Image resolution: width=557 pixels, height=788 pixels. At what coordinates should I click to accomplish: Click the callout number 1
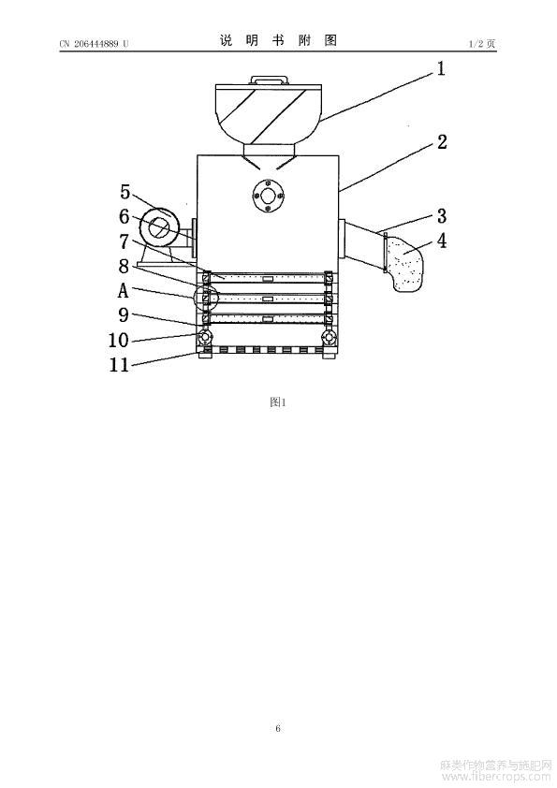point(441,68)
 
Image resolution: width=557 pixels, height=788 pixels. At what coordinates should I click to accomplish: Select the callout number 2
point(442,141)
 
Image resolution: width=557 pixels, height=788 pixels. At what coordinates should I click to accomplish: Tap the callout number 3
point(441,216)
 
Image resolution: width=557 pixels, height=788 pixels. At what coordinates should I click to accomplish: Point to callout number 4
point(441,241)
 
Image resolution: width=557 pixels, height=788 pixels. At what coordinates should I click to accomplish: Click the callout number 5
point(125,192)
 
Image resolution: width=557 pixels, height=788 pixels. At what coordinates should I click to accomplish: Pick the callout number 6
point(125,216)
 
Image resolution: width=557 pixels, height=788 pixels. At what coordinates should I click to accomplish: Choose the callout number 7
point(125,241)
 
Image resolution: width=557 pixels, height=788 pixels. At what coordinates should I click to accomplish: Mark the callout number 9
point(124,315)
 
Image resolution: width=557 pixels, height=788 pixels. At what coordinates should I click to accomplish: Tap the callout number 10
point(119,341)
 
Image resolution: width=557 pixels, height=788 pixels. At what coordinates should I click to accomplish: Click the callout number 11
point(119,365)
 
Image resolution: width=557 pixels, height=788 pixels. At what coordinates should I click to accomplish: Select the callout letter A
point(124,290)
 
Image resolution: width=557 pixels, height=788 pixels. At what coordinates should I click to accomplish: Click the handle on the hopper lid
point(270,80)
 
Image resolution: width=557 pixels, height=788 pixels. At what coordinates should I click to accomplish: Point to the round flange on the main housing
point(268,196)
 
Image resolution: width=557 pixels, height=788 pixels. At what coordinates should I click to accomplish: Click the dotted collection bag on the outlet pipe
point(405,264)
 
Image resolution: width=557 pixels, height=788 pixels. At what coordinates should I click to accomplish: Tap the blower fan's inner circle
point(160,227)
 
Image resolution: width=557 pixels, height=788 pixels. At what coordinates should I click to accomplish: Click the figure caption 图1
point(277,402)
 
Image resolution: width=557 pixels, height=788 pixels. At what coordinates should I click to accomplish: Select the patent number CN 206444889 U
point(94,44)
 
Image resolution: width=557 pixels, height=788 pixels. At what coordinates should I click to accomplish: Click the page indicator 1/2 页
point(482,44)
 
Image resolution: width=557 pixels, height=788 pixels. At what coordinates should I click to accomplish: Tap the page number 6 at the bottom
point(278,728)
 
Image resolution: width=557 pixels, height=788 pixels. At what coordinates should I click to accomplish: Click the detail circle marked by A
point(193,299)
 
